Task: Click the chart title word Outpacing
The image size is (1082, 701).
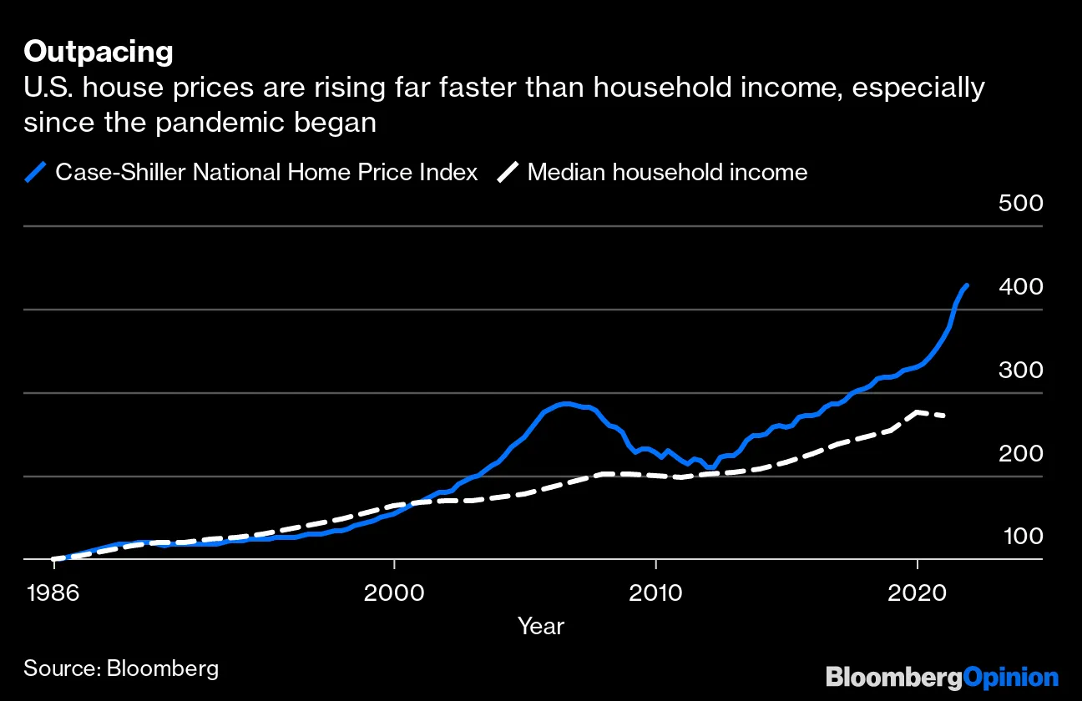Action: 99,53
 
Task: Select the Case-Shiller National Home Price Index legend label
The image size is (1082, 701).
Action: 266,173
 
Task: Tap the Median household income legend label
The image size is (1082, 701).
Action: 667,173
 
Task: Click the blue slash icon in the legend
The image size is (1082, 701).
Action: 35,173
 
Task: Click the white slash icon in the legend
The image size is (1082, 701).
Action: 508,173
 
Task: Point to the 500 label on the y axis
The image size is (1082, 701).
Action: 1020,204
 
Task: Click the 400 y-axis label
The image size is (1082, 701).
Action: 1020,287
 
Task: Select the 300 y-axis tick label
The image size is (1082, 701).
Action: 1020,371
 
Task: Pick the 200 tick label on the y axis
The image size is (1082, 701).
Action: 1020,454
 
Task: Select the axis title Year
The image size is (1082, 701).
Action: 540,626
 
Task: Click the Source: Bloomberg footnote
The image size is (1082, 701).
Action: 121,668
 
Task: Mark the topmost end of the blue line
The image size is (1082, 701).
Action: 967,285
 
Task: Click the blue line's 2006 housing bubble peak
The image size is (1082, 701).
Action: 566,404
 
